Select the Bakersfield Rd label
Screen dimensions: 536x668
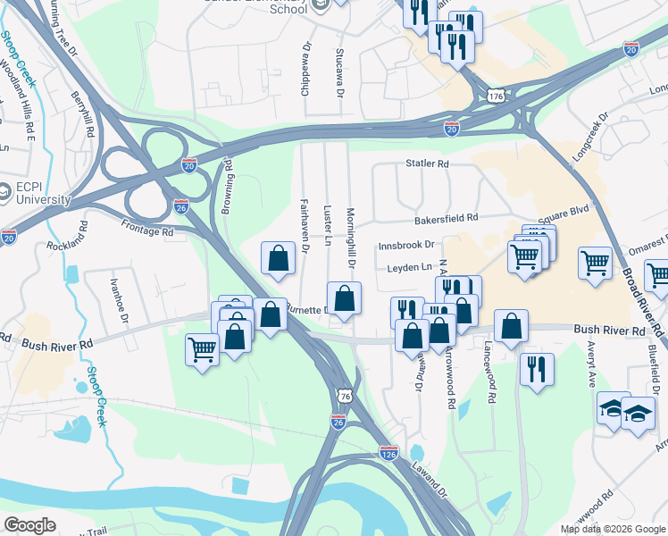(446, 218)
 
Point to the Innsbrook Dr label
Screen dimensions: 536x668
(405, 244)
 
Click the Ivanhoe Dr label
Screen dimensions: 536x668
(114, 294)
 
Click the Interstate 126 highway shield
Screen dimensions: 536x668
(388, 453)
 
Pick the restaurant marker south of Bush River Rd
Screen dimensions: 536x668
(536, 368)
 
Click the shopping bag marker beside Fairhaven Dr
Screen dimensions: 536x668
(278, 258)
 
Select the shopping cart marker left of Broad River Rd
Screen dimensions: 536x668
(596, 264)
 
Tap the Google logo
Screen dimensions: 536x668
(29, 525)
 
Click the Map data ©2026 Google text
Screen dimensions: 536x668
(612, 529)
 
